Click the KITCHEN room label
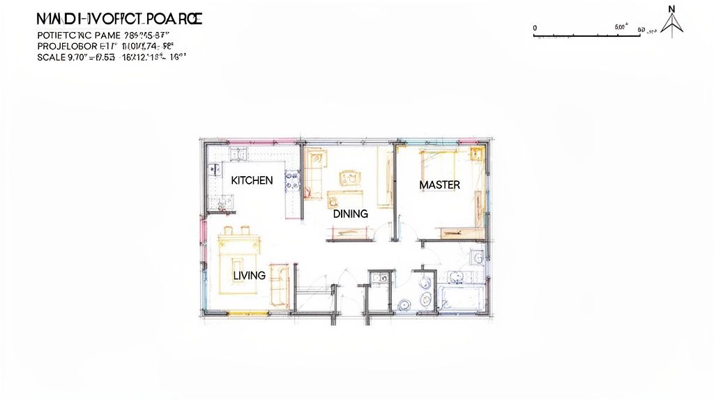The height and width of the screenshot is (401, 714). pos(252,180)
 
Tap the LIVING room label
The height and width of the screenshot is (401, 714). pos(249,276)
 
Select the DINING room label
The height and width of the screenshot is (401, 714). pos(350,214)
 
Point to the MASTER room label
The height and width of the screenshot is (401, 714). pos(439,184)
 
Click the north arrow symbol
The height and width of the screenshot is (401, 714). pos(672,26)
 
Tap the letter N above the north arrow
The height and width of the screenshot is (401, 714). pos(672,9)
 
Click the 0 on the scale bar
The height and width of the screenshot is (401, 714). pos(535,28)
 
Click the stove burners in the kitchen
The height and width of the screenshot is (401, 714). pos(293,182)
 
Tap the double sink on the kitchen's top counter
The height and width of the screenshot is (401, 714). pos(237,154)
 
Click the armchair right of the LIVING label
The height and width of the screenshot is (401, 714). pos(279,284)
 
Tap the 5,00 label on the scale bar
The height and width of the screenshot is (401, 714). pos(621,28)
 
